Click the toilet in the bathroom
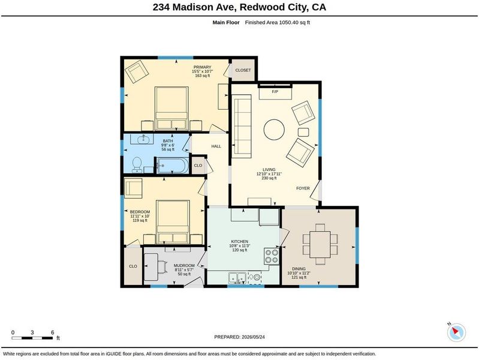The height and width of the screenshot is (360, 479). tap(137, 164)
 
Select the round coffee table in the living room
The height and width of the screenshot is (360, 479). tap(274, 130)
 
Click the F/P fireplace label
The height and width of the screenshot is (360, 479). tap(275, 91)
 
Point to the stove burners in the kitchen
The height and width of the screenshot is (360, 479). tap(272, 256)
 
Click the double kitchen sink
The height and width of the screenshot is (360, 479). tap(237, 278)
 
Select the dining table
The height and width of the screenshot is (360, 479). tap(320, 244)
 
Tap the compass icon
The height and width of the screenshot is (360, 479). tap(456, 332)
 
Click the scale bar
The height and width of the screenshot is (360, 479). tap(32, 338)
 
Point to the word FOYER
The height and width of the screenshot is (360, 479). tap(303, 188)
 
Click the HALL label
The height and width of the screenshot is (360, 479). tap(216, 146)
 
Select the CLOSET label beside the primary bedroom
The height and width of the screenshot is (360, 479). tap(243, 70)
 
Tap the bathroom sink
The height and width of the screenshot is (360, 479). tap(143, 139)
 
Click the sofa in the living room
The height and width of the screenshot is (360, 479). tap(242, 126)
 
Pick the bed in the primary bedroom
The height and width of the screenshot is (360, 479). tap(171, 109)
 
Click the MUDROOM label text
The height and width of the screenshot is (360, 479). tap(184, 265)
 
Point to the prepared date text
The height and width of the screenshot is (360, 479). tap(240, 337)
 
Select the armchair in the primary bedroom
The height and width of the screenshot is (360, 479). tap(137, 71)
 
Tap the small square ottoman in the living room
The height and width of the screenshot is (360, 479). tap(303, 132)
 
